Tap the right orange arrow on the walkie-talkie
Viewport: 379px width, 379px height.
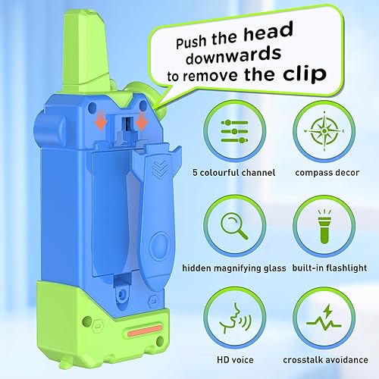[x=142, y=124]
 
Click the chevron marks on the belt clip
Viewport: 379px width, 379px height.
[x=158, y=168]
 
